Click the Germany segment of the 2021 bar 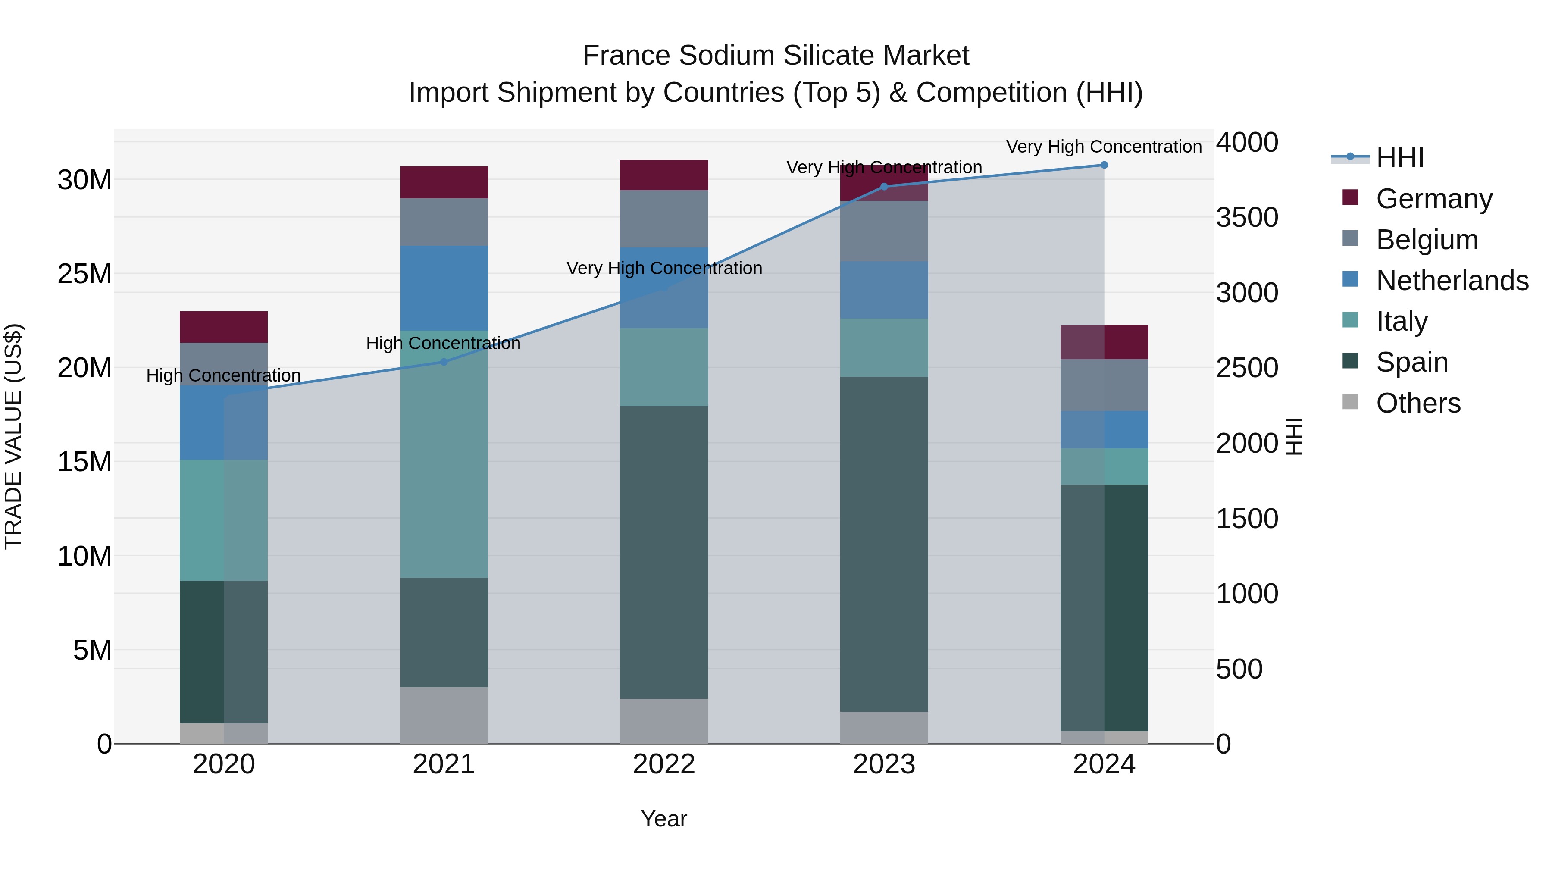click(444, 182)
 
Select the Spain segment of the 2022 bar click(663, 552)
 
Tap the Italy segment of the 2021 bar click(444, 454)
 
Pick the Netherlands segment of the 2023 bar click(884, 290)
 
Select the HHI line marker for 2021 click(444, 362)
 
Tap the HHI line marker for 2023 click(884, 187)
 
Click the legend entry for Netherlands click(1452, 281)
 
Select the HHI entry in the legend click(1399, 158)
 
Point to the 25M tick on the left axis click(84, 274)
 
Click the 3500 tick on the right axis click(1246, 218)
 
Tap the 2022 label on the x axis click(663, 764)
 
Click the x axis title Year click(663, 819)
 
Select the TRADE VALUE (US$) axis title click(13, 436)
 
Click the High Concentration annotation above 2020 click(223, 375)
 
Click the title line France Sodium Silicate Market click(776, 56)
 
